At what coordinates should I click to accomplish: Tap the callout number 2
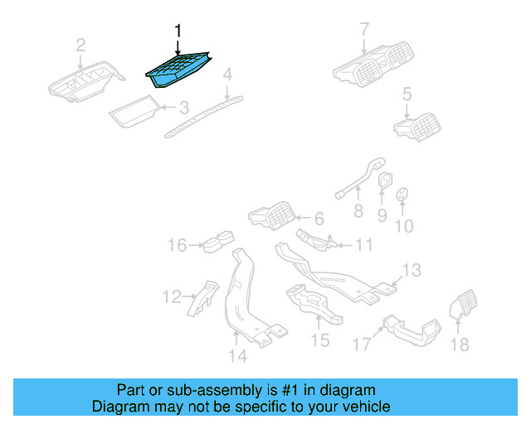click(80, 44)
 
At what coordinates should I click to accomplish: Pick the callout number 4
click(227, 77)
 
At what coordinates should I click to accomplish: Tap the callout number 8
click(358, 212)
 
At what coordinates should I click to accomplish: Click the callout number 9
click(382, 215)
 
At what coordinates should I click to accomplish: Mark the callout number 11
click(364, 245)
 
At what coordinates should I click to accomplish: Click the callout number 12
click(171, 296)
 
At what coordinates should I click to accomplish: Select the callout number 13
click(412, 270)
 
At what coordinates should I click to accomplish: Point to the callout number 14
click(237, 356)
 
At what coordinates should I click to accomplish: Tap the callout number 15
click(319, 340)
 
